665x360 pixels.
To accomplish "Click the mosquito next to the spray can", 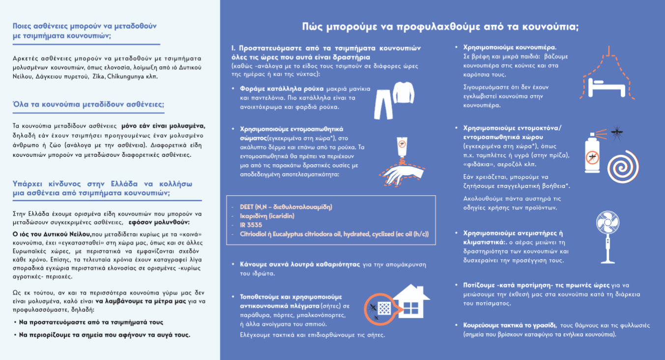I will pos(615,133).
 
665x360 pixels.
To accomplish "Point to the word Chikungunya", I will pos(143,77).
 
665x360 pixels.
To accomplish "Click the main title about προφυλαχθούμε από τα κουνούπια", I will pos(440,27).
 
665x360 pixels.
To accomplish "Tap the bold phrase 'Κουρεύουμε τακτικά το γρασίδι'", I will pos(510,325).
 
